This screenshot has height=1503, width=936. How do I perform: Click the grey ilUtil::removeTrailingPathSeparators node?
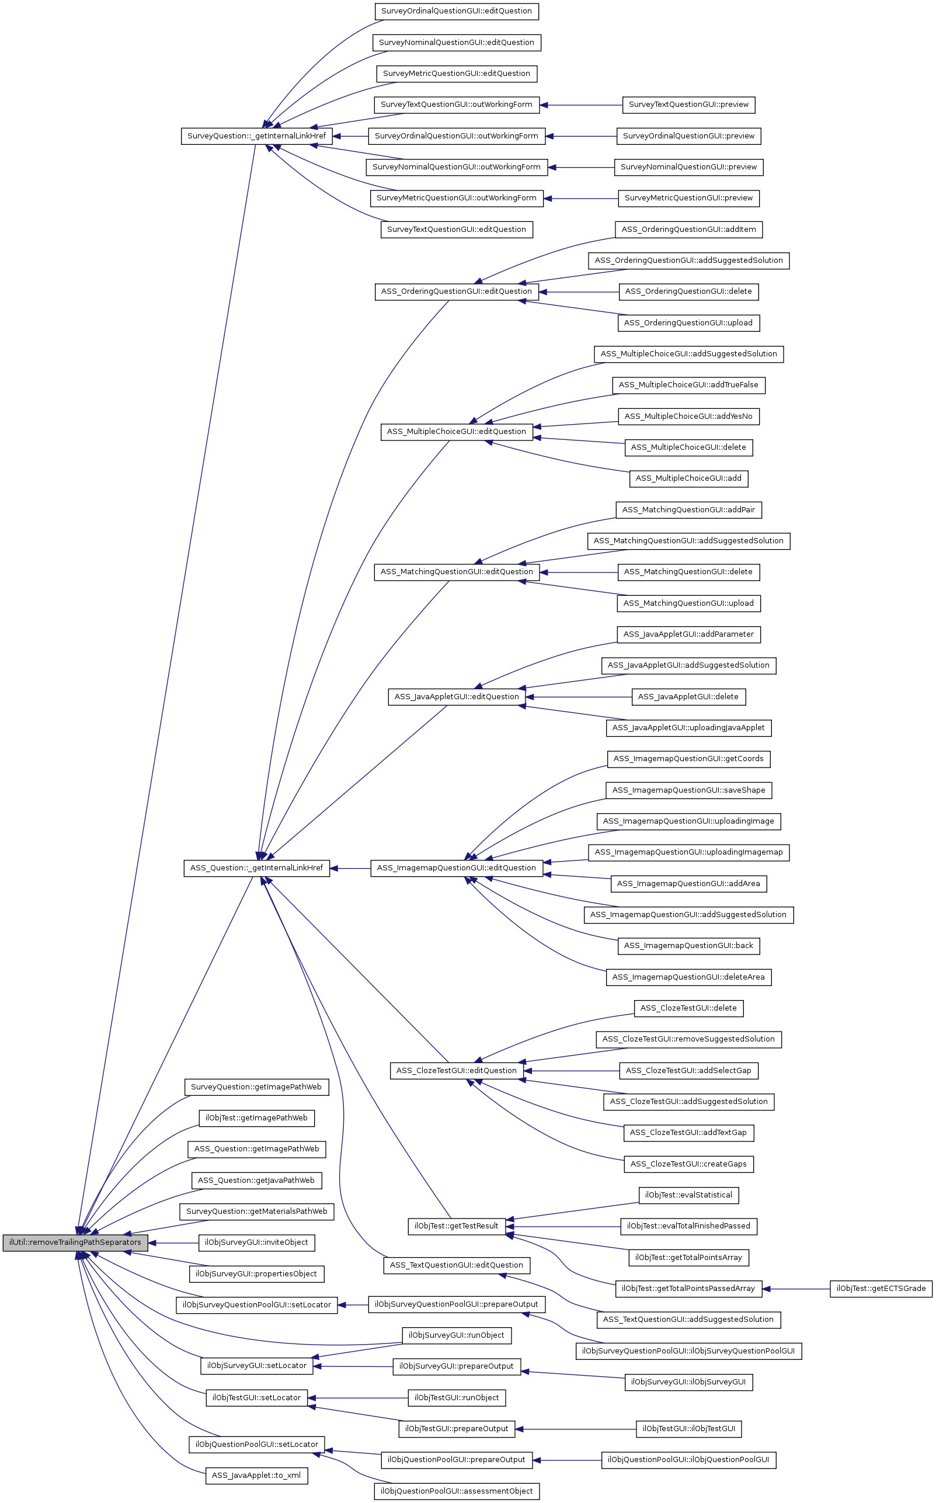75,1242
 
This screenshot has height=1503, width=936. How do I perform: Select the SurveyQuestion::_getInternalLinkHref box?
256,136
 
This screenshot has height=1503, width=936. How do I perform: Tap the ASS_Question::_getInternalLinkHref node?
256,868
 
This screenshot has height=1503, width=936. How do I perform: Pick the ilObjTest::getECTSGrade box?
881,1289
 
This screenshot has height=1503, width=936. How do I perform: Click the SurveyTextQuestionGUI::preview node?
688,105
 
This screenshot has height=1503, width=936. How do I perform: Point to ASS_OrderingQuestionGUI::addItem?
688,230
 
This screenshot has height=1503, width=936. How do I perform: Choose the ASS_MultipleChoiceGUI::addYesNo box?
688,416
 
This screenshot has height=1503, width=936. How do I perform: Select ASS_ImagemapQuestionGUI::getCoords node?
688,759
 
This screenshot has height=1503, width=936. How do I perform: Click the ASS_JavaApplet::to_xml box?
256,1476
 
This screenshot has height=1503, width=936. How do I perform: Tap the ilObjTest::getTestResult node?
456,1226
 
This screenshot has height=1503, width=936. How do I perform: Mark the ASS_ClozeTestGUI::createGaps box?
688,1164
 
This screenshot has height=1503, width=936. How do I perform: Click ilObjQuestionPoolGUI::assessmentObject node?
456,1491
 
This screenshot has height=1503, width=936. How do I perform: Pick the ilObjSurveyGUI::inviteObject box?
256,1243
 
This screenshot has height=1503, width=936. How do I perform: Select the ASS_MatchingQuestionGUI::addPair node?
688,511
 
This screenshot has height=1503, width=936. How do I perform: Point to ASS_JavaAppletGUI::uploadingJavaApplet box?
688,728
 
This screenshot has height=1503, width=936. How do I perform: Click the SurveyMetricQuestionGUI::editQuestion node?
456,74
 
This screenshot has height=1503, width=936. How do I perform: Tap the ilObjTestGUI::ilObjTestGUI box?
688,1429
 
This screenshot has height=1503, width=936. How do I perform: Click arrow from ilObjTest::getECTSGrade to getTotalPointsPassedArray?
799,1289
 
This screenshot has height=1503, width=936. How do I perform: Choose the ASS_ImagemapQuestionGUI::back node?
688,946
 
